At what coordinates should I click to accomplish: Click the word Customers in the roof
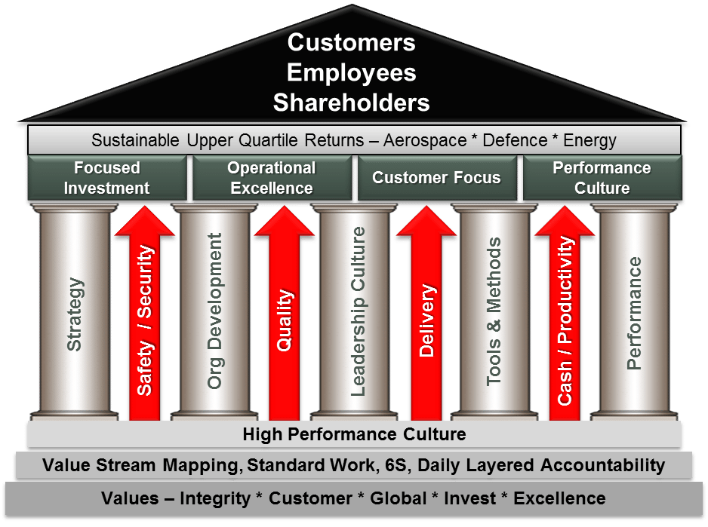click(x=351, y=42)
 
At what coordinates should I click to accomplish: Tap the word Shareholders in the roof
click(x=351, y=102)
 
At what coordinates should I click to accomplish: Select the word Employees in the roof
click(x=351, y=72)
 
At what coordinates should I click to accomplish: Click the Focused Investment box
click(x=106, y=178)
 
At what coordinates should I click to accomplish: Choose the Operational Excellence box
click(x=272, y=178)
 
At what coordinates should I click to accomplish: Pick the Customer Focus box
click(x=436, y=178)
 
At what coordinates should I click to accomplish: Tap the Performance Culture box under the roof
click(x=602, y=178)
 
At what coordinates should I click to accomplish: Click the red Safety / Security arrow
click(x=146, y=317)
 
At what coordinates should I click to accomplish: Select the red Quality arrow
click(x=284, y=317)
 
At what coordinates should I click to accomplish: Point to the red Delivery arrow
click(x=426, y=317)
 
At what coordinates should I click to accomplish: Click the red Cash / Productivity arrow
click(x=565, y=317)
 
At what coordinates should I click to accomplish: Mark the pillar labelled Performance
click(x=634, y=313)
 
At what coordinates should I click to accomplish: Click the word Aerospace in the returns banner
click(x=423, y=140)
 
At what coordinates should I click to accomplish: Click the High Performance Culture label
click(x=354, y=434)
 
